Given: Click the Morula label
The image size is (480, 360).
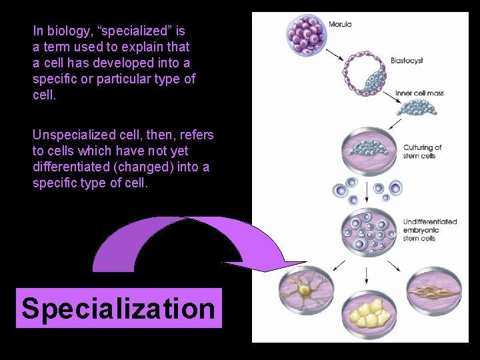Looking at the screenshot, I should (x=340, y=25).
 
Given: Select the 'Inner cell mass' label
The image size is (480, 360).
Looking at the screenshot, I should (x=419, y=93).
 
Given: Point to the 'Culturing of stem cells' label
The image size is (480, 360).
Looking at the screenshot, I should (x=422, y=152).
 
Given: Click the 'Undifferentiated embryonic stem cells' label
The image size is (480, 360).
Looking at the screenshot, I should (x=429, y=230).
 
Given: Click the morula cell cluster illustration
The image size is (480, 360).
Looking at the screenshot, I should (x=307, y=35).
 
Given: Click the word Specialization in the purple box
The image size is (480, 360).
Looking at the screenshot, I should (x=118, y=309).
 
